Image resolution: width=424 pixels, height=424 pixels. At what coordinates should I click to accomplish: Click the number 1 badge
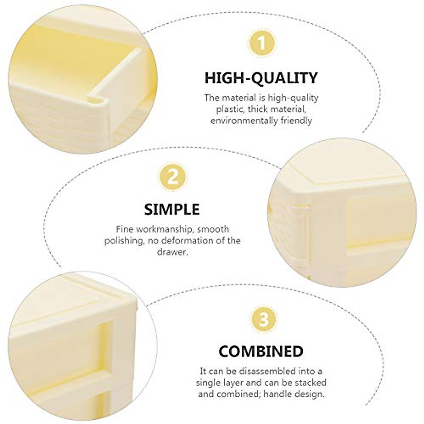click(x=261, y=44)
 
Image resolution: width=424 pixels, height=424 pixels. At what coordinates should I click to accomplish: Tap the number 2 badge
click(x=172, y=177)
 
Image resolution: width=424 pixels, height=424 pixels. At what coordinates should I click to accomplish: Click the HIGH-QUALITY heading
click(x=261, y=77)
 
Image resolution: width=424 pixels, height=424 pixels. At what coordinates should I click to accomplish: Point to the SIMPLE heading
click(x=172, y=210)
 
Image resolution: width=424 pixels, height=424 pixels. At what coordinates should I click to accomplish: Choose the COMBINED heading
click(x=261, y=351)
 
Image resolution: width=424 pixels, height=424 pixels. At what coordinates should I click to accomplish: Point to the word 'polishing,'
click(x=123, y=241)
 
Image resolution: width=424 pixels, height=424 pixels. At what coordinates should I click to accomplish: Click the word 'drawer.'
click(x=172, y=252)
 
